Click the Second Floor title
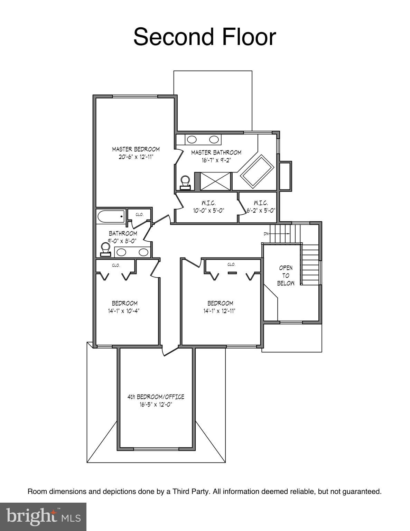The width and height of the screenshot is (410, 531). pyautogui.click(x=205, y=37)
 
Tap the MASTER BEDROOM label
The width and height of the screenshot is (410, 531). pyautogui.click(x=136, y=149)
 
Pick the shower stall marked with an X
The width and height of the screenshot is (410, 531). pyautogui.click(x=215, y=181)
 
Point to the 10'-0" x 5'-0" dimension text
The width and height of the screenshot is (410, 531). pyautogui.click(x=209, y=210)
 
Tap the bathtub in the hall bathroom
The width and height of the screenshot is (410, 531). pyautogui.click(x=111, y=217)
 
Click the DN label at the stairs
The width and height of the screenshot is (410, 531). pyautogui.click(x=266, y=234)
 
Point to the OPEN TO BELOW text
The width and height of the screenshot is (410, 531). pyautogui.click(x=286, y=276)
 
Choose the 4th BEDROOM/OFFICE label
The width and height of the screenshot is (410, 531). pyautogui.click(x=156, y=397)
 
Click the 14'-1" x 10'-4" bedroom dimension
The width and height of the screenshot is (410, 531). pyautogui.click(x=124, y=311)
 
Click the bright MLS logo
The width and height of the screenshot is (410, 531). pyautogui.click(x=43, y=517)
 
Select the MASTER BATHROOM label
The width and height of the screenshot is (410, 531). pyautogui.click(x=216, y=152)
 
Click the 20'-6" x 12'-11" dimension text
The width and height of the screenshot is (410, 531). pyautogui.click(x=136, y=157)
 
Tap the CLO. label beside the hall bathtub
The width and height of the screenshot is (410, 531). pyautogui.click(x=139, y=215)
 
